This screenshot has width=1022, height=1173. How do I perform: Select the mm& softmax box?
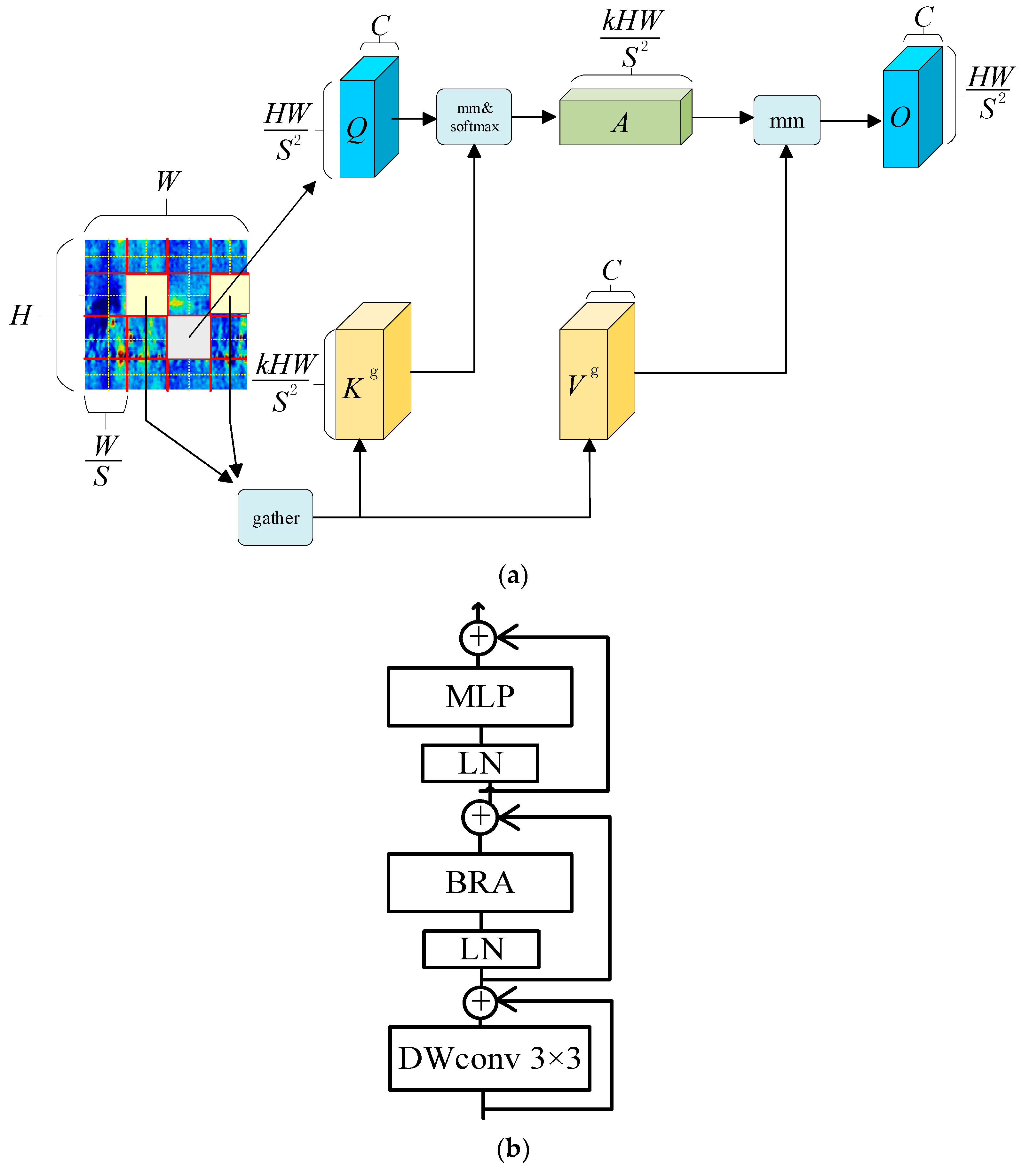pyautogui.click(x=474, y=117)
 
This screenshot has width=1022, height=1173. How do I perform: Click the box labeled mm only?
pyautogui.click(x=787, y=120)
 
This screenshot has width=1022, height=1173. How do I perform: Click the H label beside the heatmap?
pyautogui.click(x=21, y=315)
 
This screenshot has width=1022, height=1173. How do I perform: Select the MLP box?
pyautogui.click(x=479, y=696)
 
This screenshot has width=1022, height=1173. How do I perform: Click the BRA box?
pyautogui.click(x=479, y=882)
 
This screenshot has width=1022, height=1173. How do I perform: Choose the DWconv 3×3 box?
pyautogui.click(x=489, y=1059)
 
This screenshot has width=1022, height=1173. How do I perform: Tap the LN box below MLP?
pyautogui.click(x=479, y=763)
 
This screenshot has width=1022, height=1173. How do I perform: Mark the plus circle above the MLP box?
pyautogui.click(x=478, y=637)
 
